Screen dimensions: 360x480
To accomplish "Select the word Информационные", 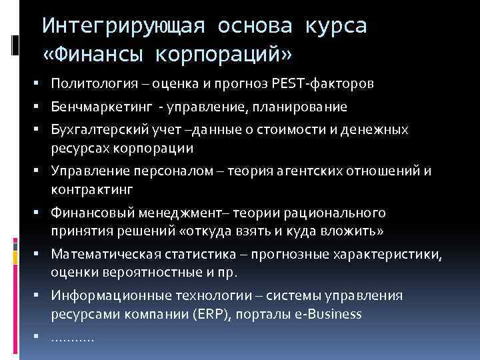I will (101, 296).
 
